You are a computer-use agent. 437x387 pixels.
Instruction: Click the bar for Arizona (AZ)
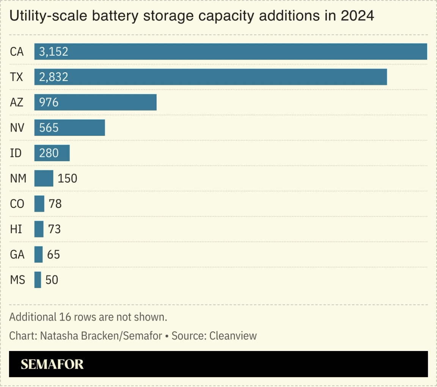click(x=95, y=102)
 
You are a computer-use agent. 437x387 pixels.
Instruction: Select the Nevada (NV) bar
click(x=69, y=128)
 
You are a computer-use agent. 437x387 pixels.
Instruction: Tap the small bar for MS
click(x=38, y=280)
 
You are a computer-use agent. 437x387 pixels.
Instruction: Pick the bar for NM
click(x=44, y=178)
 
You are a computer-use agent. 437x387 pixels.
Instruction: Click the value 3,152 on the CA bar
click(x=53, y=51)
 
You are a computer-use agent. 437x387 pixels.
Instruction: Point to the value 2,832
click(x=53, y=77)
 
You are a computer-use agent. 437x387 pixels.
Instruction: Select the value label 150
click(x=68, y=178)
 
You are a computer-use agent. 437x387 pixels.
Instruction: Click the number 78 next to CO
click(x=55, y=204)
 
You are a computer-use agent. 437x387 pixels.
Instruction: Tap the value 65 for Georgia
click(x=53, y=254)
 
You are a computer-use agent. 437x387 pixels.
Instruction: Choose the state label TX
click(x=17, y=77)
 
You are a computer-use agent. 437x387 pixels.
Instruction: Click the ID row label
click(x=16, y=153)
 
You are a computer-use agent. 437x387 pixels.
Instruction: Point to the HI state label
click(x=16, y=229)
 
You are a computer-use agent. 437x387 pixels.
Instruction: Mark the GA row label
click(x=17, y=254)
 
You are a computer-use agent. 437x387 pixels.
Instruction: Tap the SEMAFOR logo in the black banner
click(x=52, y=364)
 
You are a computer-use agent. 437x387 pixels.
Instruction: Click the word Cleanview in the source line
click(x=233, y=336)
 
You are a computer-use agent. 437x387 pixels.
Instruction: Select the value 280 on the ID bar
click(x=49, y=153)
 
